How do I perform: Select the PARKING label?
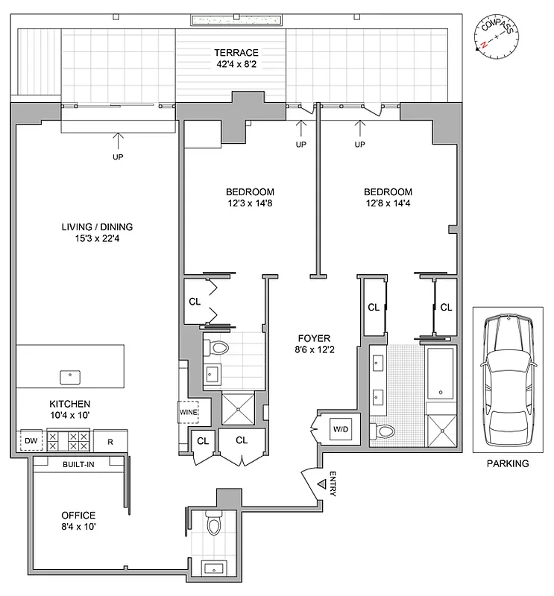[508, 463]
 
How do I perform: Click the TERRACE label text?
[236, 53]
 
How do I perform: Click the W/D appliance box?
[340, 429]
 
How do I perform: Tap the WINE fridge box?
[186, 410]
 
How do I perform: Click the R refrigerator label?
[109, 441]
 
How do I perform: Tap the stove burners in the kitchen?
[69, 440]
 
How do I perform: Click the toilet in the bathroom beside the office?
[214, 525]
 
